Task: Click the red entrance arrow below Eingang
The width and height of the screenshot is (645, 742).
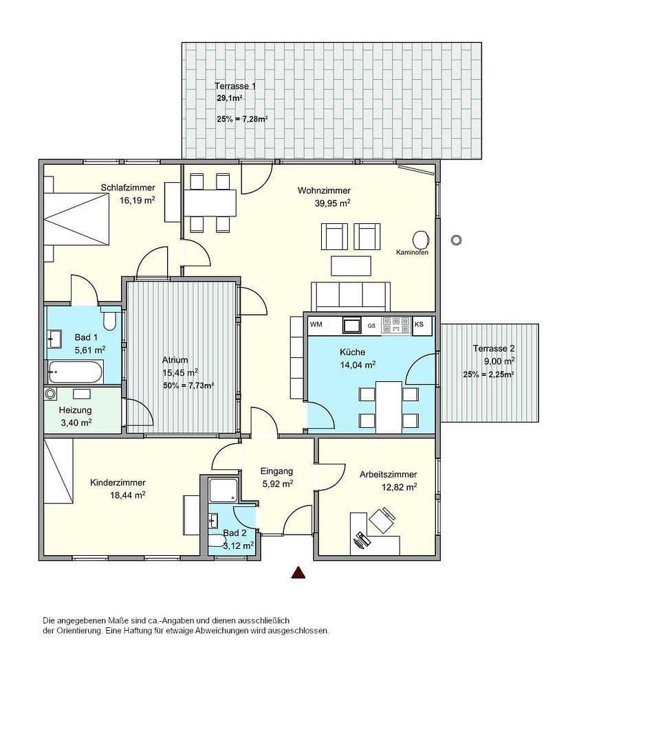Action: pyautogui.click(x=298, y=572)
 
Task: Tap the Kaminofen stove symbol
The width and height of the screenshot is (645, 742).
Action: pyautogui.click(x=420, y=239)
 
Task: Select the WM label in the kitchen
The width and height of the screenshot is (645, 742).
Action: pyautogui.click(x=316, y=324)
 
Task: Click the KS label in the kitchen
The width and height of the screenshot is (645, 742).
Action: pyautogui.click(x=419, y=324)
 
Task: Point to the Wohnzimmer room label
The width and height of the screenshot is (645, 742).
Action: pyautogui.click(x=324, y=190)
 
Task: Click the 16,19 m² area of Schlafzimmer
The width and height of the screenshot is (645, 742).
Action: pyautogui.click(x=137, y=201)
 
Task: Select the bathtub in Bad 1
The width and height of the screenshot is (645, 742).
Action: pyautogui.click(x=76, y=372)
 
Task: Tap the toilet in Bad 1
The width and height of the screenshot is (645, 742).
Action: pyautogui.click(x=109, y=319)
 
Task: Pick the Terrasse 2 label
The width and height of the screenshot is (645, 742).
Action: pyautogui.click(x=494, y=348)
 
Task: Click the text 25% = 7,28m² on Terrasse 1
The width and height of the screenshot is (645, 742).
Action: pyautogui.click(x=241, y=119)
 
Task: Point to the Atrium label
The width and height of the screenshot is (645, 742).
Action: pyautogui.click(x=175, y=360)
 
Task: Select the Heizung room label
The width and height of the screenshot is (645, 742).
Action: pyautogui.click(x=75, y=410)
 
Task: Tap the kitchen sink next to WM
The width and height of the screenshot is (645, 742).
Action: pyautogui.click(x=352, y=324)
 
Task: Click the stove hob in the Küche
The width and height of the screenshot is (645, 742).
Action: pyautogui.click(x=395, y=324)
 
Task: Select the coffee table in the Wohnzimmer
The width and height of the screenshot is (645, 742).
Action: pyautogui.click(x=351, y=265)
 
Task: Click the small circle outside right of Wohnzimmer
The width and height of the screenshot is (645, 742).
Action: pyautogui.click(x=455, y=240)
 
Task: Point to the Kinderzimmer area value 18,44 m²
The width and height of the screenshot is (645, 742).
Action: pyautogui.click(x=127, y=495)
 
